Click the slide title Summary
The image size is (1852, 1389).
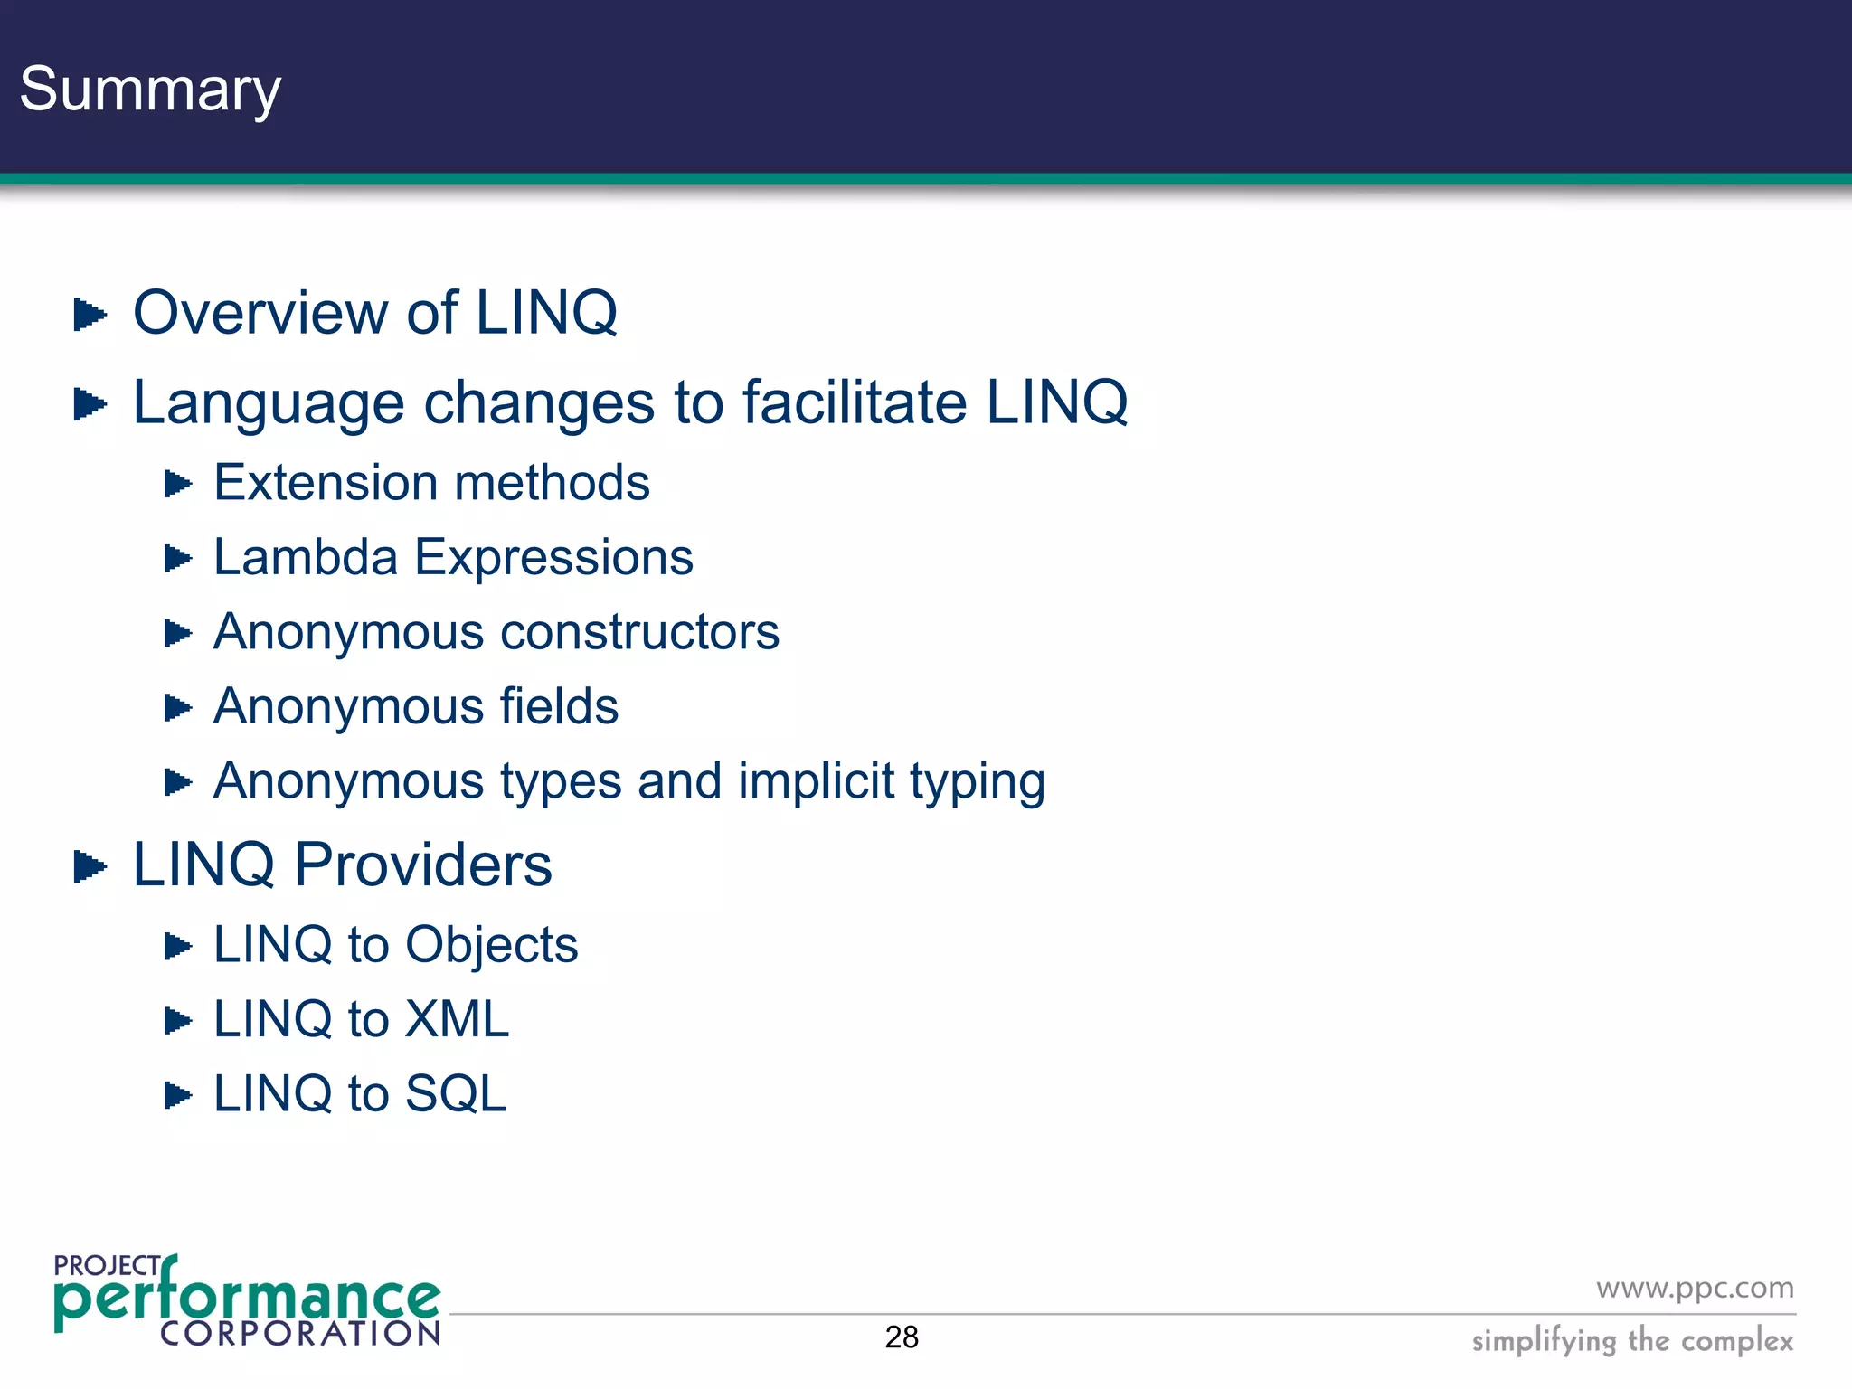(x=150, y=90)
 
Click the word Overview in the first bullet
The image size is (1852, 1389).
(x=260, y=313)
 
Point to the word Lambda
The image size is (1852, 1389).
(x=305, y=557)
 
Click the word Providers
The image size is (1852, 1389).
(x=423, y=865)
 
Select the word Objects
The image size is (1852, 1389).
(x=491, y=945)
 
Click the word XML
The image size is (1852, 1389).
(x=457, y=1019)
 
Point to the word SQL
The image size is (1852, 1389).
(x=455, y=1094)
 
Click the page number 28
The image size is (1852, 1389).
(x=902, y=1337)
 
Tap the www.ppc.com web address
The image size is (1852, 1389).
(x=1695, y=1288)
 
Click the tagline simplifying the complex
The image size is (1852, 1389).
(x=1632, y=1340)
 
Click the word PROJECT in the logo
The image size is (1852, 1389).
(x=107, y=1265)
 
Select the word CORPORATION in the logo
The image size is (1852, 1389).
(x=300, y=1333)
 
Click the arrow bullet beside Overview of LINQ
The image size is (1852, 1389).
(x=89, y=315)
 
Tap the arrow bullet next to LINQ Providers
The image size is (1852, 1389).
(x=89, y=866)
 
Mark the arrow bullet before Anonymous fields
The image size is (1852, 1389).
(x=177, y=707)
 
